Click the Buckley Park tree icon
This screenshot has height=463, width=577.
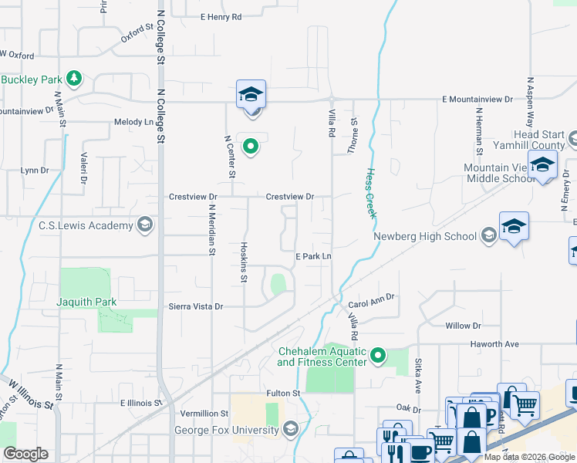pos(74,79)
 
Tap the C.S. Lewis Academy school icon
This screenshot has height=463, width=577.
pos(143,225)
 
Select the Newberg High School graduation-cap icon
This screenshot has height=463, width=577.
pos(488,235)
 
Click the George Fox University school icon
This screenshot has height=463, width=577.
pos(290,429)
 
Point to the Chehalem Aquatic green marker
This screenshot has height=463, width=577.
pos(377,355)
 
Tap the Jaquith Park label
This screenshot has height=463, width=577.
pos(86,302)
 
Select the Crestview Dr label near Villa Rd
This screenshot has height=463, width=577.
pos(289,197)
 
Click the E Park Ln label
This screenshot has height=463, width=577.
pos(313,256)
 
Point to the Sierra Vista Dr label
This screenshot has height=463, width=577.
pos(195,306)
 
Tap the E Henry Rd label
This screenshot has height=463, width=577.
pos(221,16)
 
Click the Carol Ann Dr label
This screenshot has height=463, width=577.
pos(371,296)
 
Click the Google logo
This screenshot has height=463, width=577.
pos(25,454)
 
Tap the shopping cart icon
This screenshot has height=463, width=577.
pos(525,403)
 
